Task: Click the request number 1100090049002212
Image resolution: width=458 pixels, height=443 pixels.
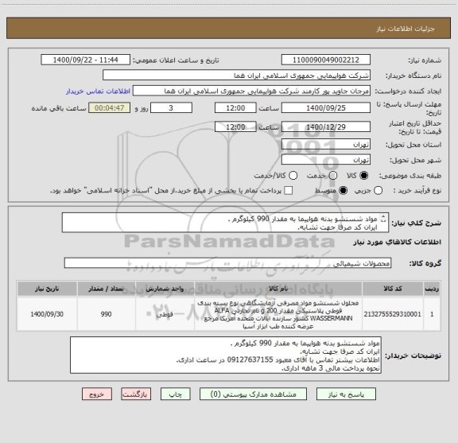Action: (x=326, y=60)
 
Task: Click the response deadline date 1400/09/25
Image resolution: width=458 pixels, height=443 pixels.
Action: (x=326, y=107)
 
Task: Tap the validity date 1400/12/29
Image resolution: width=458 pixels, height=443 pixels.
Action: (x=326, y=126)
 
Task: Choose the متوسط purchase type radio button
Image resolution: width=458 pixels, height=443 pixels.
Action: (x=343, y=191)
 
